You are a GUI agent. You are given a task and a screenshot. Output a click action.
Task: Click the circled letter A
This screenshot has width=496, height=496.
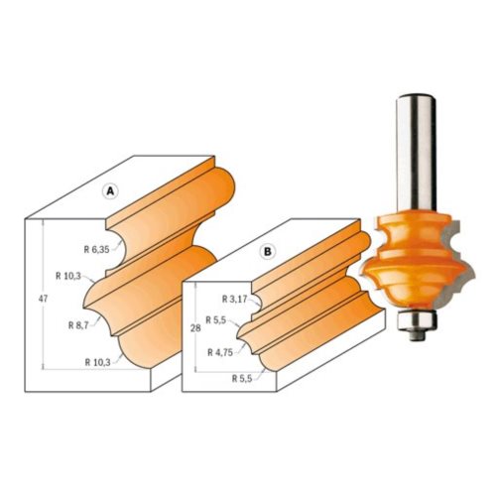click(x=111, y=191)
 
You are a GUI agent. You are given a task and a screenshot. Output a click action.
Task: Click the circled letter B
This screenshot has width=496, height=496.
click(x=267, y=252)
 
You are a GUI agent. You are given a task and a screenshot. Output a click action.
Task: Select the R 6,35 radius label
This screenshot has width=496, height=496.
click(x=96, y=250)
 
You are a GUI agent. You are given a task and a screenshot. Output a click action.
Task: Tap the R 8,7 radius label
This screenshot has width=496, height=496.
click(x=78, y=325)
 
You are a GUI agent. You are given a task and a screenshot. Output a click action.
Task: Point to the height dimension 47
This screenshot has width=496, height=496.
click(x=43, y=299)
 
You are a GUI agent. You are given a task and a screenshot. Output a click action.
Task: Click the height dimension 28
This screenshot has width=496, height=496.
click(x=195, y=328)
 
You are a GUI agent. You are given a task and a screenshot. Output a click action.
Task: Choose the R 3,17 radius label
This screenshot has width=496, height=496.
click(x=234, y=300)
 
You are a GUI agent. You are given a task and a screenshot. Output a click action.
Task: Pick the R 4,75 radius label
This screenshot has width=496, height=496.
click(x=220, y=352)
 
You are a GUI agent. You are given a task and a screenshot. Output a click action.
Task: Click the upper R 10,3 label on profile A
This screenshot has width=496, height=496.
click(x=68, y=276)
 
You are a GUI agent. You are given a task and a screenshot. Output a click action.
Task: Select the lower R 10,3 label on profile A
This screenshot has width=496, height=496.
click(x=97, y=362)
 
